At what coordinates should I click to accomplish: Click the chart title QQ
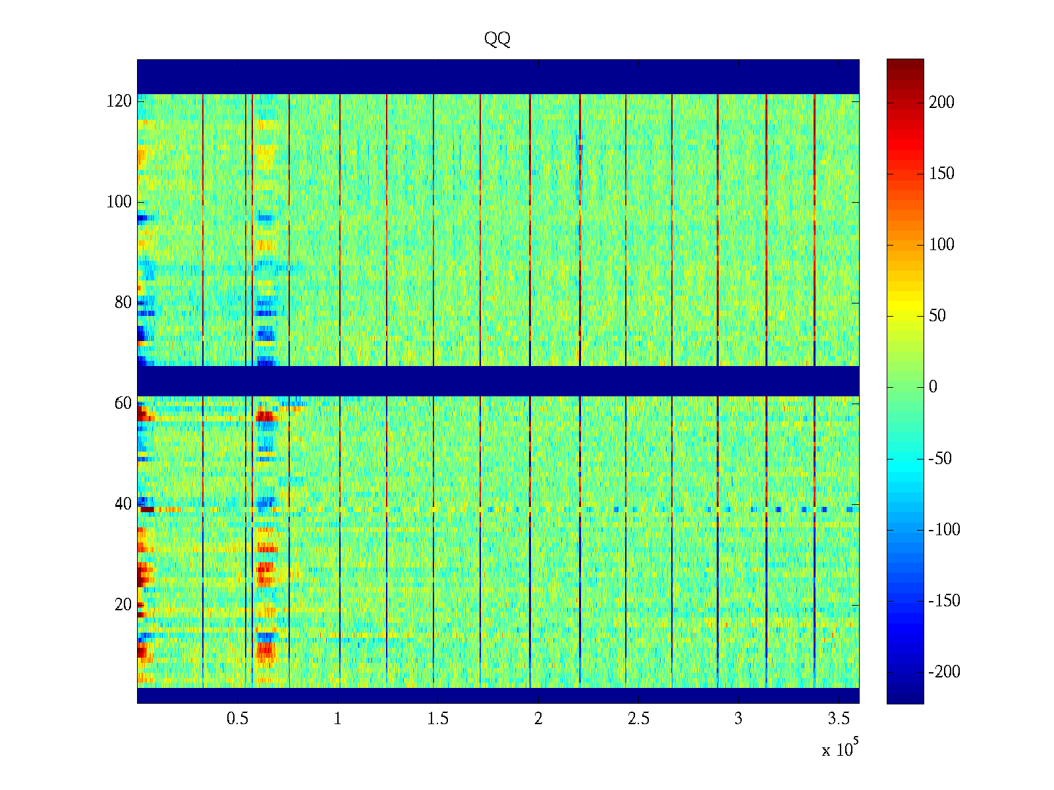point(497,39)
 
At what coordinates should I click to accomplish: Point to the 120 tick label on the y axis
point(119,101)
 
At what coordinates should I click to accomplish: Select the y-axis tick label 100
point(119,202)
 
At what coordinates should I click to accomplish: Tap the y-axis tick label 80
point(123,303)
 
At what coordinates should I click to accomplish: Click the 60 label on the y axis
point(123,404)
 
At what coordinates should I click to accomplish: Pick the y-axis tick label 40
point(123,504)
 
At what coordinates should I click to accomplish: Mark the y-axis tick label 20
point(123,605)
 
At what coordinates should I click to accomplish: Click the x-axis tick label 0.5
point(238,719)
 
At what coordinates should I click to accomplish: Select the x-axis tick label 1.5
point(438,719)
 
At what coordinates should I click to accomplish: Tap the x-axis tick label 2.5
point(638,719)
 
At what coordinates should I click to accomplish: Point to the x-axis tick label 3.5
point(839,719)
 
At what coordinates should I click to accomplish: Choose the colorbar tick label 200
point(941,103)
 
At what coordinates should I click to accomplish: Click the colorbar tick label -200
point(944,672)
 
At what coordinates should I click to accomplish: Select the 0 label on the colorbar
point(933,387)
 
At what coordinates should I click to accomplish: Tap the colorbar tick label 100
point(941,245)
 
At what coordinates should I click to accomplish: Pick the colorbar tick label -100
point(944,530)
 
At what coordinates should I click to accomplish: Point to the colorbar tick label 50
point(937,316)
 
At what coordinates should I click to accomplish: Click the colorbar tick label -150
point(944,601)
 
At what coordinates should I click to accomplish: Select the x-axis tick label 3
point(738,719)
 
